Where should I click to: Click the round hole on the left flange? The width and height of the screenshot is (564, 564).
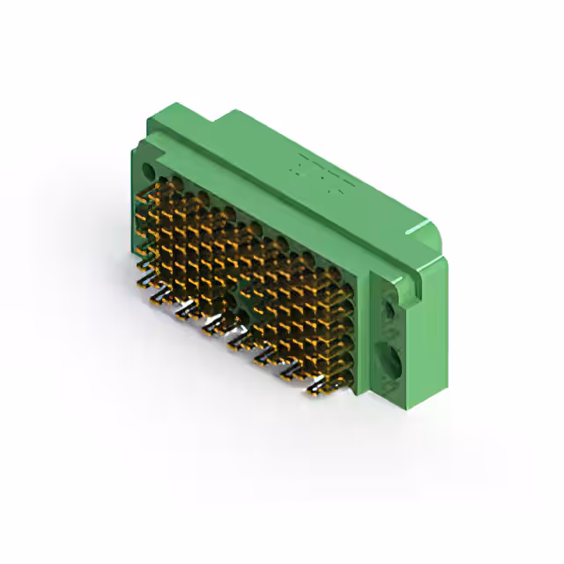pos(147,171)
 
